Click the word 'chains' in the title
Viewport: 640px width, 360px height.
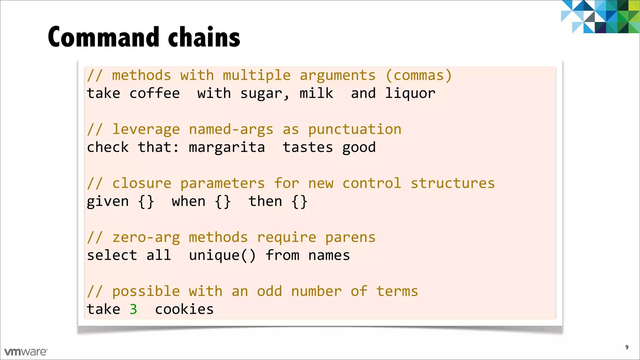click(204, 37)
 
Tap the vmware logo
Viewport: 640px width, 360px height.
click(26, 352)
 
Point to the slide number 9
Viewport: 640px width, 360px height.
click(627, 347)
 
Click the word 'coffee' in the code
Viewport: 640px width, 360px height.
click(155, 93)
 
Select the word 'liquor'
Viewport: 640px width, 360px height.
click(410, 93)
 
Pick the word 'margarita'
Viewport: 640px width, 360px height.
click(227, 147)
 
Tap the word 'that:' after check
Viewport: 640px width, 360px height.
click(158, 147)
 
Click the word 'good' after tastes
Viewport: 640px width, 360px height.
click(359, 147)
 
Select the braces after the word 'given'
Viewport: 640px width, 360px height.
click(146, 202)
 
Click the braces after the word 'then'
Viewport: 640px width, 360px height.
click(299, 202)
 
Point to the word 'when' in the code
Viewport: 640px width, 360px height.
click(188, 202)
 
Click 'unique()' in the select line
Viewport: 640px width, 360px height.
click(222, 256)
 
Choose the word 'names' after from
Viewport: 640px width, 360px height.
click(329, 256)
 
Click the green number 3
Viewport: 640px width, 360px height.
click(133, 309)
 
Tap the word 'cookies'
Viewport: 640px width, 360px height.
click(184, 309)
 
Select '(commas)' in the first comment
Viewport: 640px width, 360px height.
click(419, 76)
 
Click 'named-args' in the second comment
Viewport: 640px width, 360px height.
click(231, 129)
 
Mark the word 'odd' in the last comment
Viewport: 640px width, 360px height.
click(269, 291)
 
